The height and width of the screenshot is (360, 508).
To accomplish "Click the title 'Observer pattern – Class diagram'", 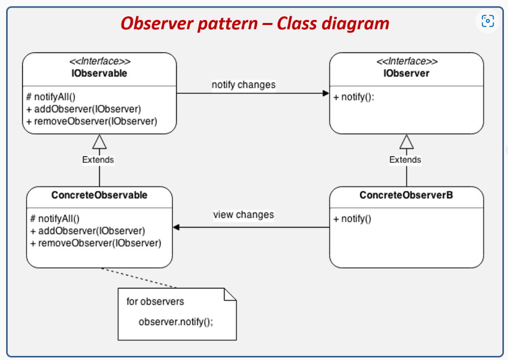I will click(254, 23).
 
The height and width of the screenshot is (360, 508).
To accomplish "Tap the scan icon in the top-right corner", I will click(488, 21).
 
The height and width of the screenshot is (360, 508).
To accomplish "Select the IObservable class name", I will click(99, 74).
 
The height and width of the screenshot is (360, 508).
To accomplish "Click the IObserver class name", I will click(406, 74).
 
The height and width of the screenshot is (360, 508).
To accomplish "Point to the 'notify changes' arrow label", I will click(244, 85).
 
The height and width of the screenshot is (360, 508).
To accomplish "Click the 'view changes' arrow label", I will click(244, 214).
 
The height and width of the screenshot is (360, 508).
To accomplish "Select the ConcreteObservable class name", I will click(99, 195).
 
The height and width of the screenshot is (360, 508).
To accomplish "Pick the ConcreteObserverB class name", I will click(406, 195).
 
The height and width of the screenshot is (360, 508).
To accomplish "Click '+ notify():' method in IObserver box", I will click(354, 97).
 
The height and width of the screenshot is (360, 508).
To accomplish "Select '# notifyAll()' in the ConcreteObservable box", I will click(55, 219).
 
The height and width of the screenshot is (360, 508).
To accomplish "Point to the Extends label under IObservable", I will click(98, 160).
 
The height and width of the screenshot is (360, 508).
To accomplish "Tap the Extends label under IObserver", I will click(405, 160).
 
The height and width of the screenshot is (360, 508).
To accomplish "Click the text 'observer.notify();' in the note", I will click(176, 322).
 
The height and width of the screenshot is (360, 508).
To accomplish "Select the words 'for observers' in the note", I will click(155, 301).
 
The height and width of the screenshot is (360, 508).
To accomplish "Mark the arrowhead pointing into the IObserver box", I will click(325, 93).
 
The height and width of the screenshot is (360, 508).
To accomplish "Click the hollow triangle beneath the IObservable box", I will click(99, 141).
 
